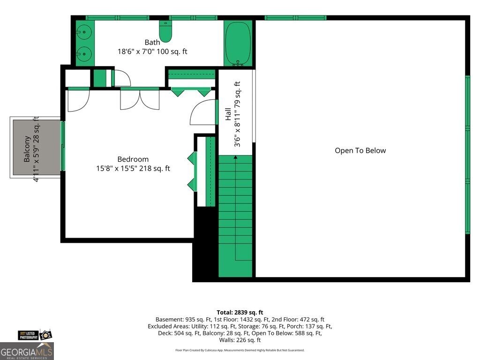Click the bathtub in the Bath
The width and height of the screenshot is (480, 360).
coord(238,43)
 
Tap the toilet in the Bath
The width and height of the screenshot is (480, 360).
coord(165,31)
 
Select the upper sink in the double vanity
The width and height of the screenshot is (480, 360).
coord(83,32)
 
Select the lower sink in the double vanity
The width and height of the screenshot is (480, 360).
coord(83,54)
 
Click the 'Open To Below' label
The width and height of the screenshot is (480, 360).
coord(360,150)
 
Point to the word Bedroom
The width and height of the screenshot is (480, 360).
coord(133,159)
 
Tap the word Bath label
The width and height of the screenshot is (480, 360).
coord(152,42)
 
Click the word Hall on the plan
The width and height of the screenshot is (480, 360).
coord(228,114)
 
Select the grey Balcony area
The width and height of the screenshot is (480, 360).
coord(37,147)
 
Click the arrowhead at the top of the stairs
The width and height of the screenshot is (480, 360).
coord(235,157)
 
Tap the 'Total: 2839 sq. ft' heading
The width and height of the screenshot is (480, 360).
coord(240,313)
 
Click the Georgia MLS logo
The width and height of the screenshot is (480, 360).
coord(27,351)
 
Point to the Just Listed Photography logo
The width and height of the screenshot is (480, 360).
coord(35,335)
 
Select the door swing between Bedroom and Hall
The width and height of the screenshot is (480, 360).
coord(202,112)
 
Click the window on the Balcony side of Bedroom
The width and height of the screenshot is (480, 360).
coord(63,146)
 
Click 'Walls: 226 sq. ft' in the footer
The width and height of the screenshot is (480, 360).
coord(240,340)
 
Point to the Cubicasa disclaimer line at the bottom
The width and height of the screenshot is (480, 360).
coord(240,350)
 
